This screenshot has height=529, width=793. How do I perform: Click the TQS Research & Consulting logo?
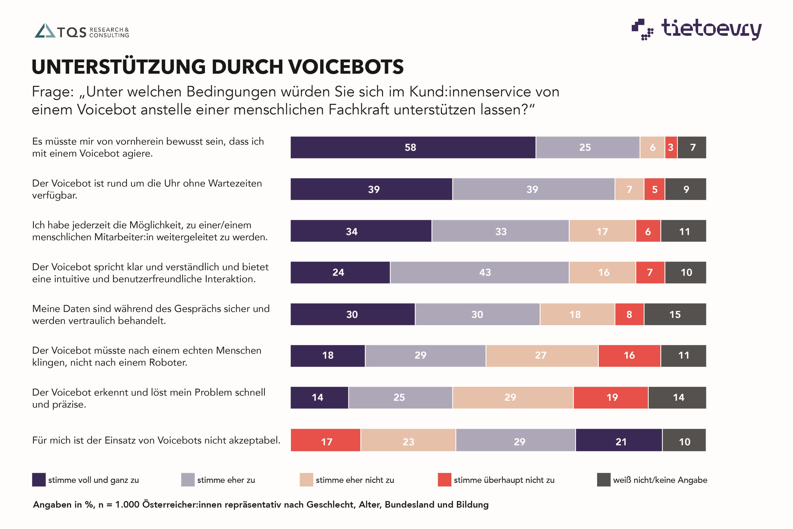82,31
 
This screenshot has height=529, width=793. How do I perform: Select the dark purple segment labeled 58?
413,147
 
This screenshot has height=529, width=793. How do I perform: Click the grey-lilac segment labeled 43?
479,273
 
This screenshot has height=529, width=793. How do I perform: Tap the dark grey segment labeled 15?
675,314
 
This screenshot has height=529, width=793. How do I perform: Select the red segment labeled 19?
611,398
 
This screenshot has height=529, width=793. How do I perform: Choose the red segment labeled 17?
326,440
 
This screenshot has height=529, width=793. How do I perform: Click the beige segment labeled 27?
542,356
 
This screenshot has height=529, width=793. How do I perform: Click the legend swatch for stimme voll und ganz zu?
39,480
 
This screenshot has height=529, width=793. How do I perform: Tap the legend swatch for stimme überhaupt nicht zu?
444,480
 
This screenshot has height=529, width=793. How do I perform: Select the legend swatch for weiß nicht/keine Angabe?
603,480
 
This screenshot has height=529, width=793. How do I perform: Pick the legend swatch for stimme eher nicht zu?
306,480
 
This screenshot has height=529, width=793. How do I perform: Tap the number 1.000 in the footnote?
127,505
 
